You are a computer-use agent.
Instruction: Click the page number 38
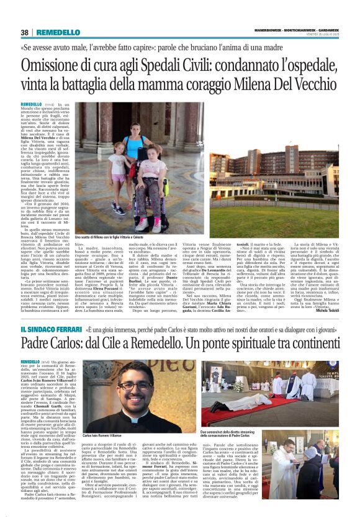point(25,32)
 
